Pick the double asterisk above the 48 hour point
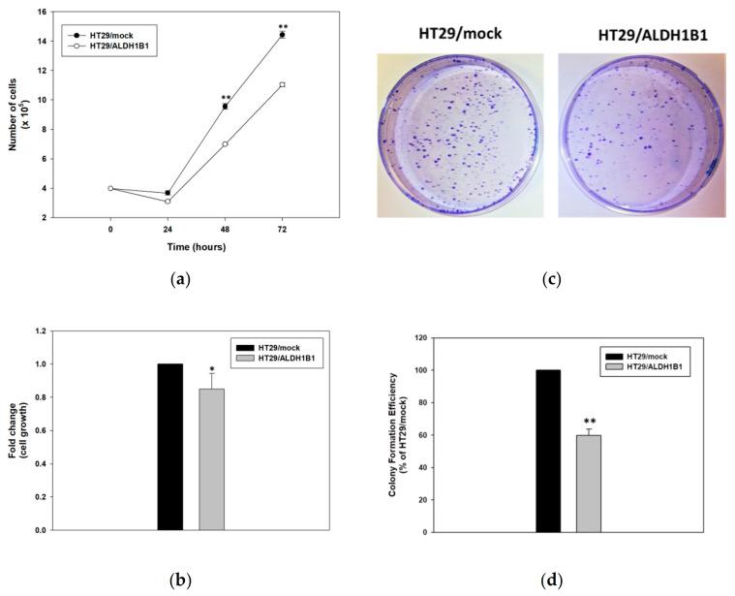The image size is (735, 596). tap(225, 97)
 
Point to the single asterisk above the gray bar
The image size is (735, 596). tap(212, 369)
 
